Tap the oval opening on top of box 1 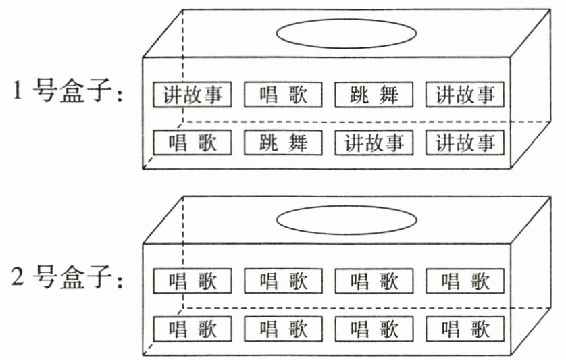(346, 32)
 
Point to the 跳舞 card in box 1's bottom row (284, 143)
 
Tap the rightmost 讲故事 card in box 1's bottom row (465, 143)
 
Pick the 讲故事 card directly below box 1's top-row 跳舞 (374, 143)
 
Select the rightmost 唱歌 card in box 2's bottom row (465, 330)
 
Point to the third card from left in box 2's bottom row (374, 330)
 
